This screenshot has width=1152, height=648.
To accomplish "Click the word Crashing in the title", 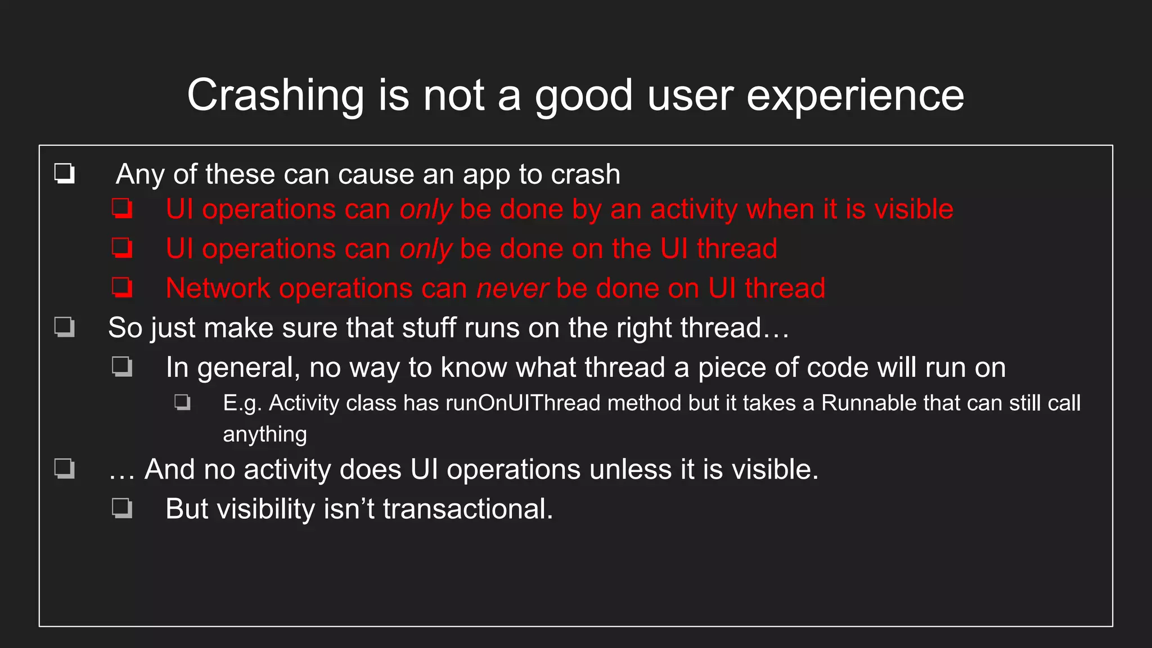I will point(276,96).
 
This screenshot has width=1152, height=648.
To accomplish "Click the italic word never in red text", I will point(512,289).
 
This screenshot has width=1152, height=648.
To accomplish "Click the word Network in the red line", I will point(218,289).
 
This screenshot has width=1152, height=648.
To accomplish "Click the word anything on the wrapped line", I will point(265,435).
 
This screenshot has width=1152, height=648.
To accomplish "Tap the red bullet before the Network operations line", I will point(122,287).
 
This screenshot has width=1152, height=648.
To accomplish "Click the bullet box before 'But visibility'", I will point(122,508).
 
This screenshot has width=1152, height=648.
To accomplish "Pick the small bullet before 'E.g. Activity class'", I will point(182,402).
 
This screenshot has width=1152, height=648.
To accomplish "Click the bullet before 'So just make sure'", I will point(64,327).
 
